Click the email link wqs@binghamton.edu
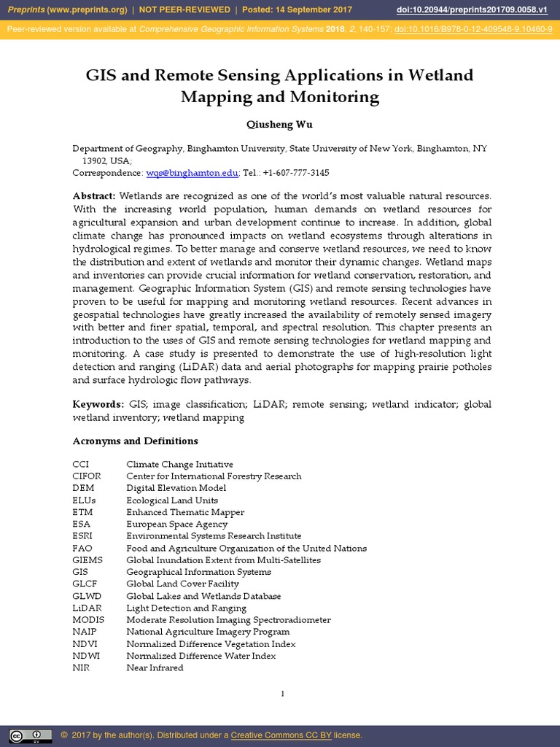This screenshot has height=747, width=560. pos(192,173)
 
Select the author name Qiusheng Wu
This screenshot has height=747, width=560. pos(280,125)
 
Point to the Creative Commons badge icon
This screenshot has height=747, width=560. pos(30,735)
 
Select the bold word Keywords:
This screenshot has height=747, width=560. pos(98,404)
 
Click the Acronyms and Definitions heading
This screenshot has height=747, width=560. pos(135,441)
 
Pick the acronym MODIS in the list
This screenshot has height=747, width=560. pos(88,620)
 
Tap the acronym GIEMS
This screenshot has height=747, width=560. pos(87,560)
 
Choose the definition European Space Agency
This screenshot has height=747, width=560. pos(177,524)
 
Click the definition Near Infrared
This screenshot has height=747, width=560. pos(155,667)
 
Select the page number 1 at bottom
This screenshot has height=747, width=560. pos(282,693)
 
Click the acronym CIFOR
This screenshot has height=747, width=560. pos(87,476)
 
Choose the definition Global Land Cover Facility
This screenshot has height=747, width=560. pos(182,584)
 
